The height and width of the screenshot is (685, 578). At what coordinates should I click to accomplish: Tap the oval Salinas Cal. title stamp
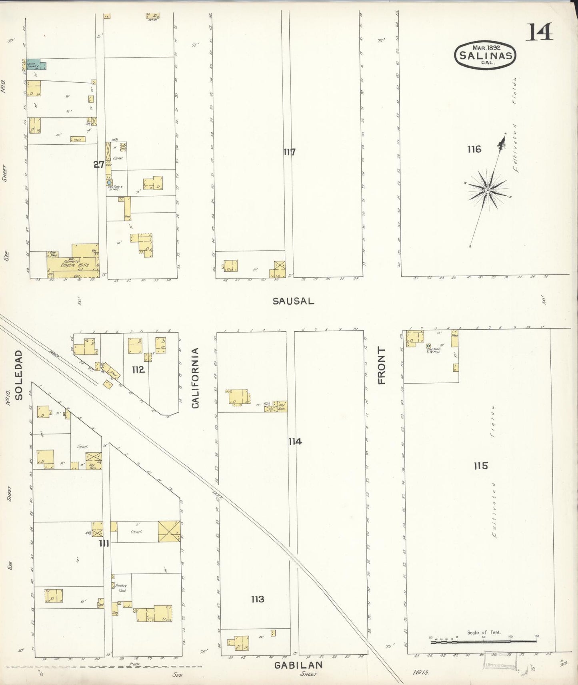(486, 55)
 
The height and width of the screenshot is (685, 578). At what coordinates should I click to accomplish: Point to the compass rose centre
(488, 190)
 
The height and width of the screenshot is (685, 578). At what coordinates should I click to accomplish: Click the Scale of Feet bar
(484, 641)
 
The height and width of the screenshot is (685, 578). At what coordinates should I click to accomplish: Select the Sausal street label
(293, 301)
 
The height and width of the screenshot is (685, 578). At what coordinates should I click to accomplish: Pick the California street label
(195, 378)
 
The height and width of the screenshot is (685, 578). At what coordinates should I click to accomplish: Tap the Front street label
(382, 366)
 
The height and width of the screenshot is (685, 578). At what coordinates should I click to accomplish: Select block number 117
(289, 152)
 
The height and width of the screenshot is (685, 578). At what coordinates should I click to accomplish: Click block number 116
(474, 149)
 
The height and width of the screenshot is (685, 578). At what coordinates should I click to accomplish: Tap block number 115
(480, 466)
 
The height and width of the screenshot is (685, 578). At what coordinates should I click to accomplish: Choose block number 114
(295, 442)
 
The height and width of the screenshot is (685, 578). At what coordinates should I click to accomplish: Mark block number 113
(258, 599)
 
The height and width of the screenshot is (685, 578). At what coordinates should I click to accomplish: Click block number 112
(138, 370)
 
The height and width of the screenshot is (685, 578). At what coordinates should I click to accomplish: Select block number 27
(99, 164)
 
